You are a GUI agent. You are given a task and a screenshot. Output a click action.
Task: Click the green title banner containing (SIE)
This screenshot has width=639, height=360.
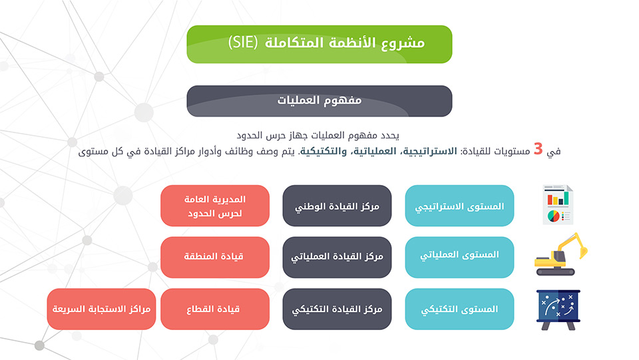coord(319,44)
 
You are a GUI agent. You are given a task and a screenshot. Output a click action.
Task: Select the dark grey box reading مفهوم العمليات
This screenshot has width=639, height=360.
coord(319,101)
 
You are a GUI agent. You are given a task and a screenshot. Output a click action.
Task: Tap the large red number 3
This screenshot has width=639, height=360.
coord(538,149)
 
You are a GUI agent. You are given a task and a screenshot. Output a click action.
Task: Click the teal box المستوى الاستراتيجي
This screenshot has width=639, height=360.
coord(459,206)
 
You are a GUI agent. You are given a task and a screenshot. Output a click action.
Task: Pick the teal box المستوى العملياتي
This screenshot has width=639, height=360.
coord(459,258)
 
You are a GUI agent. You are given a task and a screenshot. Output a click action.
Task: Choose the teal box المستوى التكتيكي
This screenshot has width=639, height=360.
coord(459,309)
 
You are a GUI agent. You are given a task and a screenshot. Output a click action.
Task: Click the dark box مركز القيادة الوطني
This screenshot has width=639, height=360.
coord(337,206)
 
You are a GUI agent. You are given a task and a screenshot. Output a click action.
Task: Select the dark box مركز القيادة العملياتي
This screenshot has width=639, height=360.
coord(337,258)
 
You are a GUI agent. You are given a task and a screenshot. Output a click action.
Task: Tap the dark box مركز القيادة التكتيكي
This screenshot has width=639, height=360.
coord(337,309)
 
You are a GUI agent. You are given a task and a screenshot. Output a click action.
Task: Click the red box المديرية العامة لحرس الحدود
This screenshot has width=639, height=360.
coord(215,206)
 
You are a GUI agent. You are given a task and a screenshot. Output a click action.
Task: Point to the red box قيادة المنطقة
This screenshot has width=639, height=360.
coord(215,258)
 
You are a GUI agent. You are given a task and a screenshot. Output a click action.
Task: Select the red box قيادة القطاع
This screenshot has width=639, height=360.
coord(215,309)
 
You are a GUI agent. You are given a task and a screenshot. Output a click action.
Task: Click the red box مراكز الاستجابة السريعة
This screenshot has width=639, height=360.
coord(101,309)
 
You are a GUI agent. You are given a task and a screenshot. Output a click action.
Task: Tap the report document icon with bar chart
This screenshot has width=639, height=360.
coord(558,205)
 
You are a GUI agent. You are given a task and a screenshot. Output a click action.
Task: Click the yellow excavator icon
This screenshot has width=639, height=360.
coord(561,254)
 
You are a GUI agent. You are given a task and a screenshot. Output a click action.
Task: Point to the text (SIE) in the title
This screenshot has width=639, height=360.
coord(243,43)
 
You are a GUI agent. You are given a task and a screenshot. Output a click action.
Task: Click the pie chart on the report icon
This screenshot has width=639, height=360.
coord(553,216)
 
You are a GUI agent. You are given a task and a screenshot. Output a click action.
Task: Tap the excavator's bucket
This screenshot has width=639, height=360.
coord(583,252)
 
